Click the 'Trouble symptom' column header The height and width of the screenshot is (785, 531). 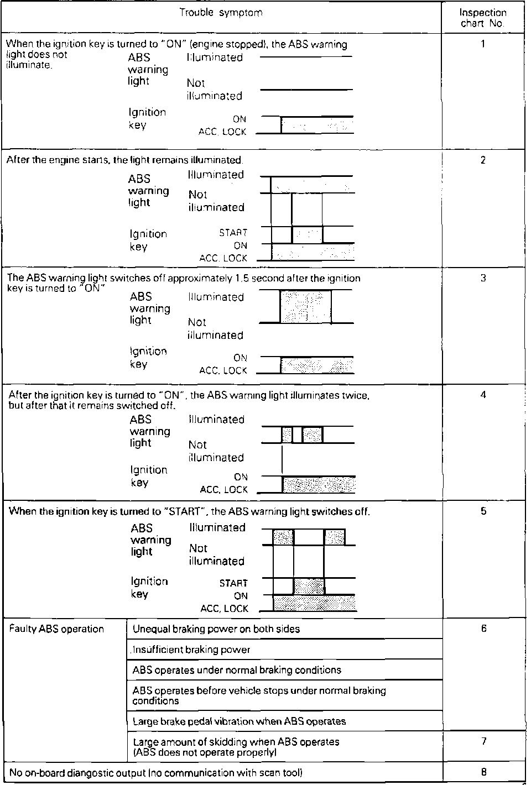pos(221,12)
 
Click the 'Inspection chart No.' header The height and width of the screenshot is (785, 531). pos(483,18)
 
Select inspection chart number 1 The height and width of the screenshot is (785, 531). pos(483,44)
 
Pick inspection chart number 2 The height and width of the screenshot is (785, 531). pos(483,161)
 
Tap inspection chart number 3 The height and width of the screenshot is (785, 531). pos(483,278)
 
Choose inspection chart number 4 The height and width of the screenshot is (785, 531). pos(483,395)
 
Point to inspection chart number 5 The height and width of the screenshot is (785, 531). pos(483,511)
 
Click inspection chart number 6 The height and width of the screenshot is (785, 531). pos(483,629)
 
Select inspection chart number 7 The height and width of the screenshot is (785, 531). pos(483,741)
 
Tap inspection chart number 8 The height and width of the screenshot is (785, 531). pos(483,772)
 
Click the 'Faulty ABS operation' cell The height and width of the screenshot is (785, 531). pos(56,629)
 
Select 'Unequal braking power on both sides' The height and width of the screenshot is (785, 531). pos(216,629)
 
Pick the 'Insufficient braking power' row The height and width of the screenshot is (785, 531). pos(191,650)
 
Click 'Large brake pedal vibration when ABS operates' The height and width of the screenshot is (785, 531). pos(239,721)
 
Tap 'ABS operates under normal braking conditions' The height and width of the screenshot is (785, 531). pos(237,671)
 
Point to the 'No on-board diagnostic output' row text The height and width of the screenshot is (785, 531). pos(156,773)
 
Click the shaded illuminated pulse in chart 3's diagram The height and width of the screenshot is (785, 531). pos(306,307)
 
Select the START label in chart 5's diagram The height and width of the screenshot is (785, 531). pos(233,583)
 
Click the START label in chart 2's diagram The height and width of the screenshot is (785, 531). pos(233,233)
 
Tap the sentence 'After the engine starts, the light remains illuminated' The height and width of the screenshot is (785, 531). pos(124,160)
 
